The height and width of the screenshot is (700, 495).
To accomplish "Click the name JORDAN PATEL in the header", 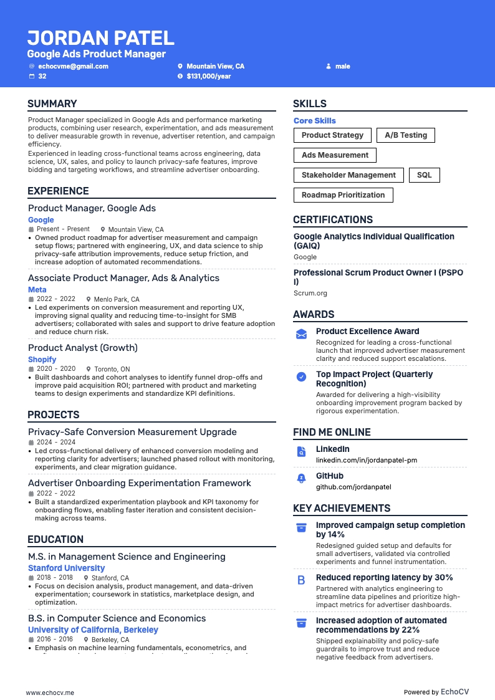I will coord(100,38).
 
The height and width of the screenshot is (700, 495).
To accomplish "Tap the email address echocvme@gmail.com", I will coord(73,66).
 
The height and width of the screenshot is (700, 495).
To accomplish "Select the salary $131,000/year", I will coord(208,76).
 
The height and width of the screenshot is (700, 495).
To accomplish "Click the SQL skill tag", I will coord(424,175).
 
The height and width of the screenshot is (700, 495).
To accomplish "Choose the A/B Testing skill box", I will coord(406,135).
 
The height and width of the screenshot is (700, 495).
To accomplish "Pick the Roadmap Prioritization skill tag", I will coord(343,195).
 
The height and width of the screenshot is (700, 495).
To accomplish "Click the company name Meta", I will coord(37,290).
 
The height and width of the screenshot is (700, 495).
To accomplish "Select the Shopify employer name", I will coord(42,360).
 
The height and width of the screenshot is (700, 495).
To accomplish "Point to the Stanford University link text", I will coord(66,568).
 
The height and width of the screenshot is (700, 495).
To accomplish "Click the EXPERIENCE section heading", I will coord(58,191).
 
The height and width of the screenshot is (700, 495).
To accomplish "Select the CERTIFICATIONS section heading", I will coord(333,219).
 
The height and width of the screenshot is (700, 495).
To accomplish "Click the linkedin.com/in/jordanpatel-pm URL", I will coord(366,460).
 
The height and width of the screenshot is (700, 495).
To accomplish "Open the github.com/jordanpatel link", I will coord(353,487).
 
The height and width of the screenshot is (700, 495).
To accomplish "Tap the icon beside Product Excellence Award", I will coord(301,334).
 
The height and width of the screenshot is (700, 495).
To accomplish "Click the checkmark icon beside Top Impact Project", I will coord(301,376).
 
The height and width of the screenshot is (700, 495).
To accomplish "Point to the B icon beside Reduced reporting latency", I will coord(301,580).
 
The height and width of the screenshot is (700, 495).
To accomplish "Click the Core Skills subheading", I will coord(314,121).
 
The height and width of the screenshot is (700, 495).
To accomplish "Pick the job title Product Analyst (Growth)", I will coord(82,348).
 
